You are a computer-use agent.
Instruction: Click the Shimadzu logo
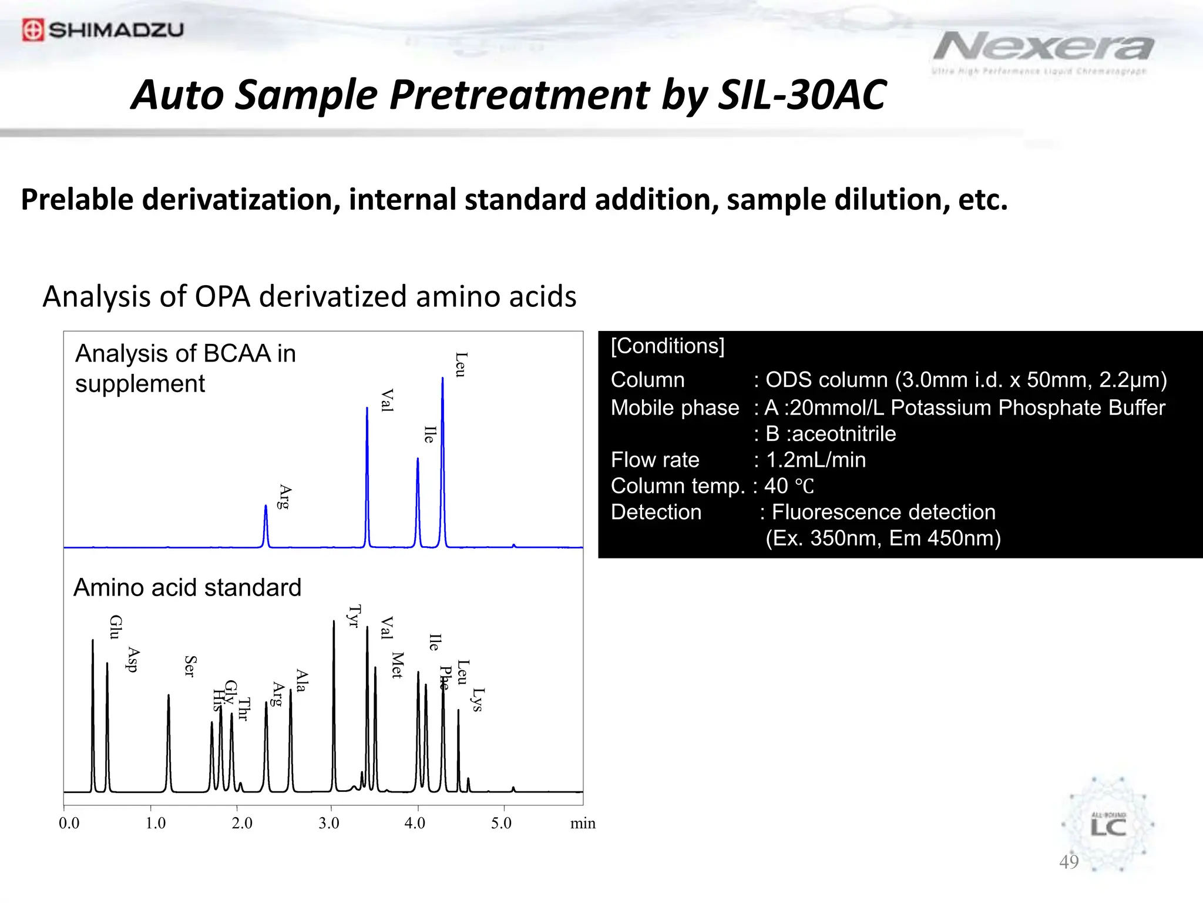103,29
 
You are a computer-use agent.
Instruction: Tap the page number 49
1068,862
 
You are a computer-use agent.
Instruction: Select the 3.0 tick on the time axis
329,823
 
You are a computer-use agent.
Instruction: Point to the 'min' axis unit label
583,823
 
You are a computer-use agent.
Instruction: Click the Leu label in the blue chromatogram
461,365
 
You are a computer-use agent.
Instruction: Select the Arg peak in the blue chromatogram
266,523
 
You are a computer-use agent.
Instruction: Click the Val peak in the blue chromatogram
367,470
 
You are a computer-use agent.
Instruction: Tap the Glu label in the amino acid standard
116,627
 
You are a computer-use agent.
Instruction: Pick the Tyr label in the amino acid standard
354,616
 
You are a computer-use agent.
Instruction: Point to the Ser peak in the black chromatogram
169,741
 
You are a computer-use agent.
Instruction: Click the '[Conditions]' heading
667,346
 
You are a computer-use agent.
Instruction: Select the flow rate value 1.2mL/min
815,460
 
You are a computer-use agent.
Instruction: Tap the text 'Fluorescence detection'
883,512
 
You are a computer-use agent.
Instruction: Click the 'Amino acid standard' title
187,587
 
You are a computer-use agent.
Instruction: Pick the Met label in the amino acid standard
398,665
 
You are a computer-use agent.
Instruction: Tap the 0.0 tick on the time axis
69,823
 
